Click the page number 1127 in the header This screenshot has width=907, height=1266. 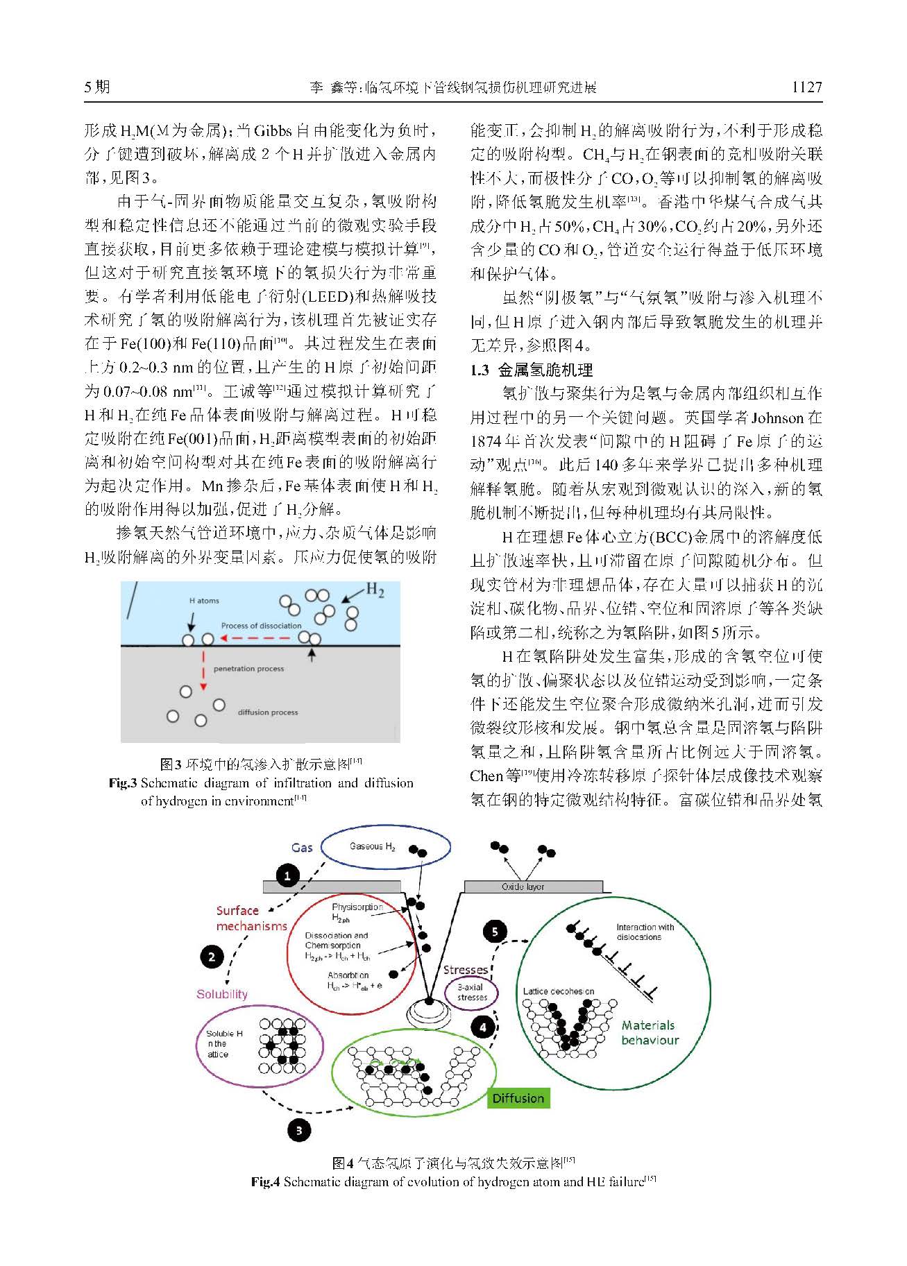[807, 87]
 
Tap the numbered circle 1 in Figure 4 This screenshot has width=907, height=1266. [287, 876]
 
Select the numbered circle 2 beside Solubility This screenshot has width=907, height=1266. [212, 957]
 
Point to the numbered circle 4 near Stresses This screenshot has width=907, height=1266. [483, 1027]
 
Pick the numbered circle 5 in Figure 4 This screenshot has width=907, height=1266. [495, 931]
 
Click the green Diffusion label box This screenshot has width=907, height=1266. [518, 1098]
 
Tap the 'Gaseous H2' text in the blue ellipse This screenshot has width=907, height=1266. [373, 846]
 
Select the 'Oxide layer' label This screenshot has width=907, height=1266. [523, 887]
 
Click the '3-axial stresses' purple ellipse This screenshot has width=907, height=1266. [472, 992]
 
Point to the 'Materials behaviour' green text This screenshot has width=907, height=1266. [650, 1032]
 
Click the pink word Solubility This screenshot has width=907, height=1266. [222, 994]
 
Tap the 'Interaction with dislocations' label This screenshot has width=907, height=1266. [645, 932]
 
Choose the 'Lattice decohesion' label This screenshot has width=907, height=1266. [559, 991]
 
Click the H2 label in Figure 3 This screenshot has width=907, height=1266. [375, 590]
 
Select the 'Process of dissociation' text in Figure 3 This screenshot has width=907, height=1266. [261, 625]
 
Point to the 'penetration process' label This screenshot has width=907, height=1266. [248, 669]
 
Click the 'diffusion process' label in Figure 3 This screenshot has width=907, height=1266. [268, 712]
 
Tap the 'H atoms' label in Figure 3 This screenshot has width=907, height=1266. [204, 601]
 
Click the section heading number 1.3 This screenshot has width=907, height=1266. [480, 370]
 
